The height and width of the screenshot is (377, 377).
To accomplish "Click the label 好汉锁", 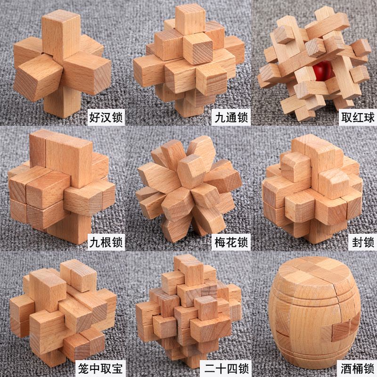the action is click(106, 117).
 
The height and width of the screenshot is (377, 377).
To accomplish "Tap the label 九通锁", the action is click(231, 117).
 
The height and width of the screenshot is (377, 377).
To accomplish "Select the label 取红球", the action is click(358, 117).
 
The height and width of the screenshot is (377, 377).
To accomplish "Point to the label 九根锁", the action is click(106, 242).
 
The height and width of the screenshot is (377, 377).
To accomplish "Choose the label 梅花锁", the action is click(231, 242).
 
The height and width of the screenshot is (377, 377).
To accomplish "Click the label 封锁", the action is click(363, 242).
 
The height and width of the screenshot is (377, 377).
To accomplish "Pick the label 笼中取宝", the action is click(100, 368).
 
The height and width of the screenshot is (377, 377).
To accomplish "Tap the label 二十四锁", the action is click(226, 368).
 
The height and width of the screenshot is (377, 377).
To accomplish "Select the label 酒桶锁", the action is click(357, 368).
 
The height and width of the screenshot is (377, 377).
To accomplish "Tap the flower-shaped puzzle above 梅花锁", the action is click(189, 189).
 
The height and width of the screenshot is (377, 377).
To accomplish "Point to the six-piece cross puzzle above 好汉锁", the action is click(62, 63).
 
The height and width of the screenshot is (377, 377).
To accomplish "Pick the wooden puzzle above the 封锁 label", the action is click(312, 189).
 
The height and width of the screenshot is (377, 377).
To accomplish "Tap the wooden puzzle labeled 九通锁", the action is click(189, 60).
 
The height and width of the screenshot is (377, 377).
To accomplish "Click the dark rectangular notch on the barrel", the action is click(343, 329).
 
